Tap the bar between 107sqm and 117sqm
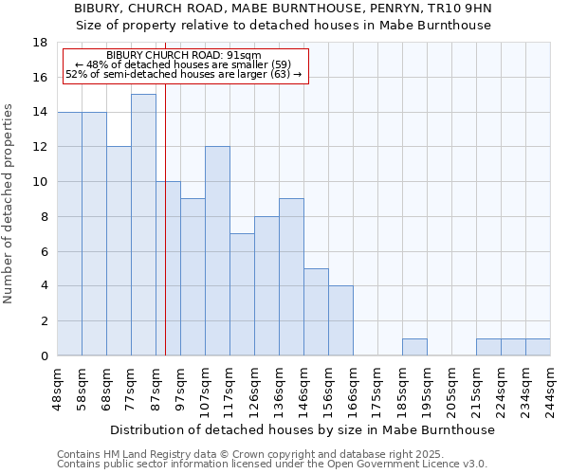pyautogui.click(x=217, y=251)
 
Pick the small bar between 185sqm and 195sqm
pyautogui.click(x=414, y=347)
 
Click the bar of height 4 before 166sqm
pyautogui.click(x=340, y=320)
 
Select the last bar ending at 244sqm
pyautogui.click(x=538, y=347)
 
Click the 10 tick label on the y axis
pyautogui.click(x=40, y=182)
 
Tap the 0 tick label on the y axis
pyautogui.click(x=44, y=356)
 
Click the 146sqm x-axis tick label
pyautogui.click(x=304, y=387)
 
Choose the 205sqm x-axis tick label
pyautogui.click(x=452, y=387)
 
